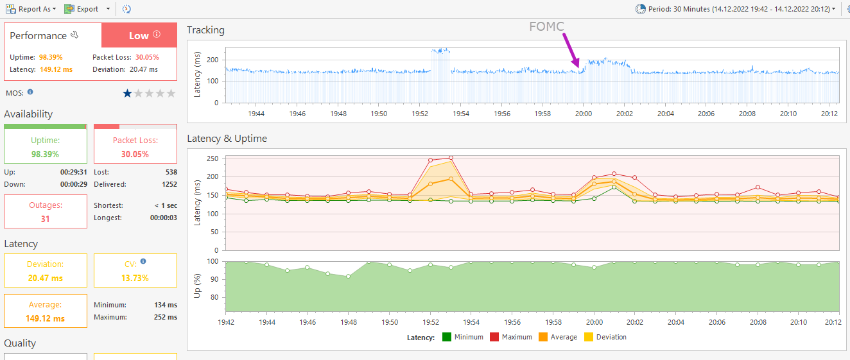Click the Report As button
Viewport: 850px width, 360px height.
(30, 9)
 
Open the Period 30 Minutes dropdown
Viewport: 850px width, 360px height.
(735, 9)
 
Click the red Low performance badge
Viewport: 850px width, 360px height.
(139, 35)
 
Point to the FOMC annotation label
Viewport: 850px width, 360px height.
(546, 26)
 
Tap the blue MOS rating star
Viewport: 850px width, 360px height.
(127, 93)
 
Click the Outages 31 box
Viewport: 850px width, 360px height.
(45, 212)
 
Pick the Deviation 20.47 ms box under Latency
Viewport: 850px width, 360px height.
(45, 271)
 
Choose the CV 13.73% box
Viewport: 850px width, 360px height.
(135, 271)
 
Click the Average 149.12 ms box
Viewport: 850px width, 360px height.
(45, 311)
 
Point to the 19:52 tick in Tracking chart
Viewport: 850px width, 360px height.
(420, 114)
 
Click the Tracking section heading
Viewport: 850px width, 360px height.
(205, 30)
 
